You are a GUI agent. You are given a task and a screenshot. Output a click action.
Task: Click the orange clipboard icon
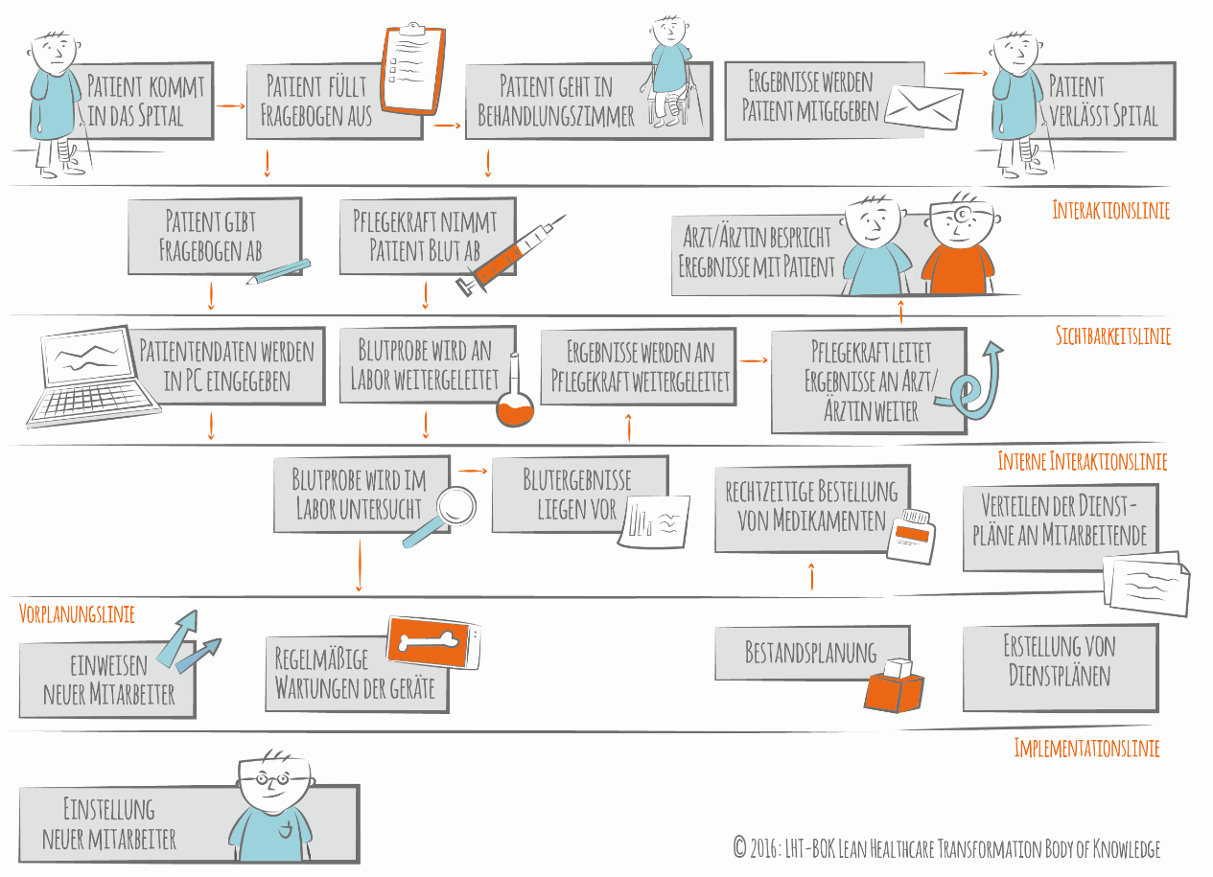tap(414, 66)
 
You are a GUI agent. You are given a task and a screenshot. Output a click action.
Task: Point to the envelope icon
tap(922, 106)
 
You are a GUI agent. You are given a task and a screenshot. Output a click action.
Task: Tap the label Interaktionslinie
tap(1110, 211)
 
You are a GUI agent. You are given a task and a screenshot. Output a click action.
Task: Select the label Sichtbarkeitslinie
tap(1112, 336)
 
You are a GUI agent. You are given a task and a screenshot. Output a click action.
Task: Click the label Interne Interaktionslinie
tap(1082, 462)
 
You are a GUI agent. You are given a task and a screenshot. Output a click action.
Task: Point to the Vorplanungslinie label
tap(77, 613)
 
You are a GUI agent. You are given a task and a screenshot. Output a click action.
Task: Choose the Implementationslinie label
tap(1086, 749)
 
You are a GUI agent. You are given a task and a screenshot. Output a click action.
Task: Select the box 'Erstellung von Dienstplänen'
tap(1060, 660)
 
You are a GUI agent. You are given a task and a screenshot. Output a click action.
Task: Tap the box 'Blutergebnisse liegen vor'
tap(576, 495)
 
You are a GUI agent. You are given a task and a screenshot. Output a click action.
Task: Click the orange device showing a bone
tap(432, 641)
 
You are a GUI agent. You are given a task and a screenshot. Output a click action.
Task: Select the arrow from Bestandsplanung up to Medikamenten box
tap(812, 576)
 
